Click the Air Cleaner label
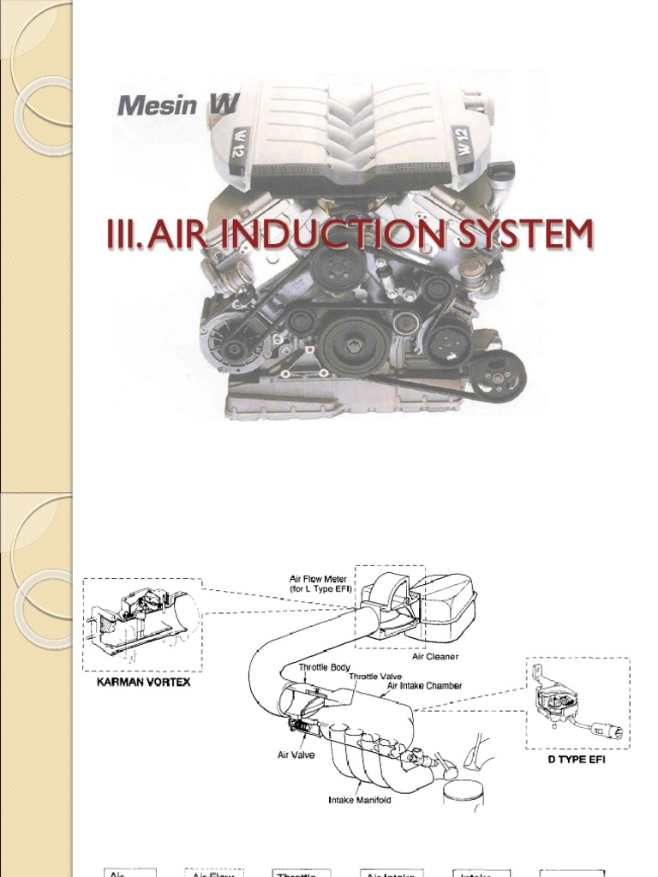435,656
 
